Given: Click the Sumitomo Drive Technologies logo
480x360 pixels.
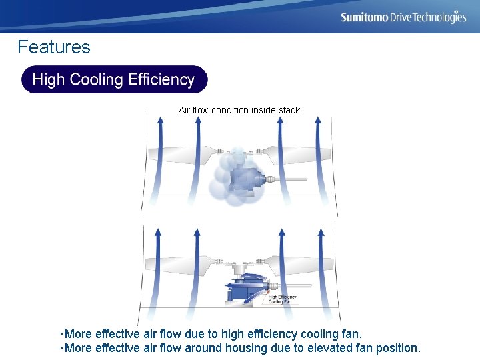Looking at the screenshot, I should point(403,17).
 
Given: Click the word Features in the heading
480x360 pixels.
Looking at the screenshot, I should point(54,47).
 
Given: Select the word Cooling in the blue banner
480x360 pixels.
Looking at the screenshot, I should point(97,80).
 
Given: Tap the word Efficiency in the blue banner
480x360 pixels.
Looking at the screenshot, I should point(161,80).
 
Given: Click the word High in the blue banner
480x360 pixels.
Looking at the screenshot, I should point(48,80).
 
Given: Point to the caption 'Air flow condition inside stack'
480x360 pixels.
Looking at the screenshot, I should point(239,110).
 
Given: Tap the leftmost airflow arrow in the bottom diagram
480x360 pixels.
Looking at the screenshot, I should point(157,267).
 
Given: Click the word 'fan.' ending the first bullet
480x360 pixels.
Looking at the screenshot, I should point(350,333).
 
